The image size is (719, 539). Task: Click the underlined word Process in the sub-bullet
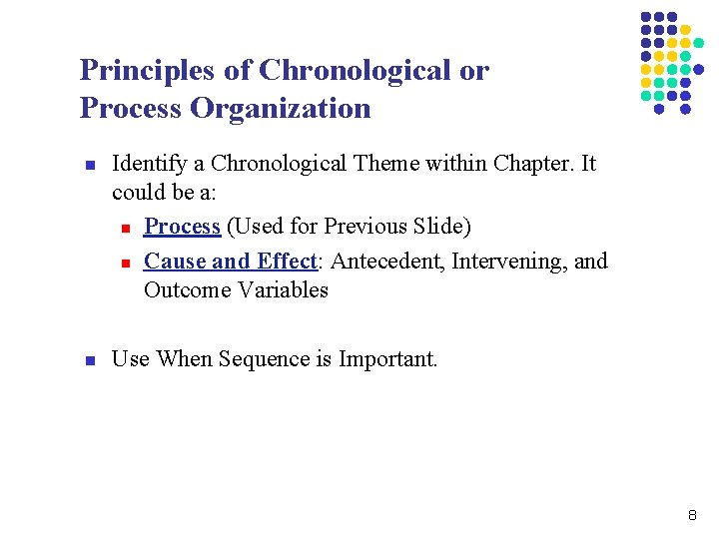[182, 227]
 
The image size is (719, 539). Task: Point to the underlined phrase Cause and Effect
[230, 262]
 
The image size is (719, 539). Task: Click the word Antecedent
[383, 262]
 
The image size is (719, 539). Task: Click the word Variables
[283, 290]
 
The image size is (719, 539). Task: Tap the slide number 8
[692, 516]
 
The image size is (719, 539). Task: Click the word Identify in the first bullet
[147, 164]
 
